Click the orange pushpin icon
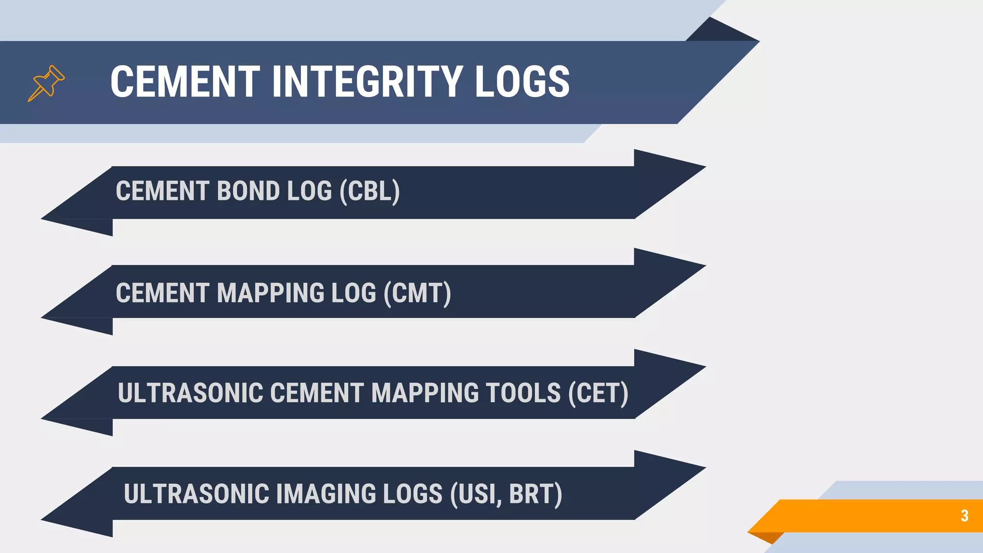point(46,83)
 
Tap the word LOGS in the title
point(522,82)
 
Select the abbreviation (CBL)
point(370,192)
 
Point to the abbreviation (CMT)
point(417,293)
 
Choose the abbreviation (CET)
point(598,394)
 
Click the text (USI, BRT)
point(506,494)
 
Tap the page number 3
point(964,516)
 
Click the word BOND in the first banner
point(248,192)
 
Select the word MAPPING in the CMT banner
point(270,293)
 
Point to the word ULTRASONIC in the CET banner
point(191,394)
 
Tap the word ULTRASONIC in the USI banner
point(196,494)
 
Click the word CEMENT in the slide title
point(185,82)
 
